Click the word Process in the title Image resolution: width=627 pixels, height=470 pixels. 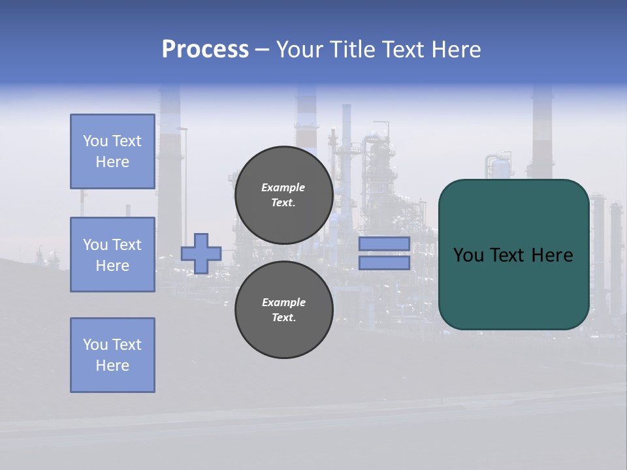coord(205,50)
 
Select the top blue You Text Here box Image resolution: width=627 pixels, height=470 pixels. coord(112,151)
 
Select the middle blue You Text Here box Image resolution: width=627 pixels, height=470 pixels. coord(112,255)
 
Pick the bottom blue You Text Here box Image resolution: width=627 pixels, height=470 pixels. coord(112,355)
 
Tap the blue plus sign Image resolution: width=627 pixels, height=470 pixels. coord(201,253)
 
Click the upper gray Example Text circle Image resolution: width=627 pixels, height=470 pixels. coord(283,195)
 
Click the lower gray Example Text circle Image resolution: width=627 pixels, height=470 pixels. coord(283,310)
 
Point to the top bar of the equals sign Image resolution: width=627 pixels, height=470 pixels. coord(384,244)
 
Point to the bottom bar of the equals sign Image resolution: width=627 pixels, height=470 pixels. coord(384,263)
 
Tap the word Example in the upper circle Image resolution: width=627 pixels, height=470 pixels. coord(283,187)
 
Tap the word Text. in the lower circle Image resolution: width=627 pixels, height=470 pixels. coord(283,318)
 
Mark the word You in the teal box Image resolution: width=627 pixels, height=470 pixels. coord(468,255)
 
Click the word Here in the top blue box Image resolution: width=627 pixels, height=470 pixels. coord(112,162)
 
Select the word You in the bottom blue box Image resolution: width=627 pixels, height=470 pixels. coord(95,345)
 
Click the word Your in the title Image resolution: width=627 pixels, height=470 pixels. coord(301,50)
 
